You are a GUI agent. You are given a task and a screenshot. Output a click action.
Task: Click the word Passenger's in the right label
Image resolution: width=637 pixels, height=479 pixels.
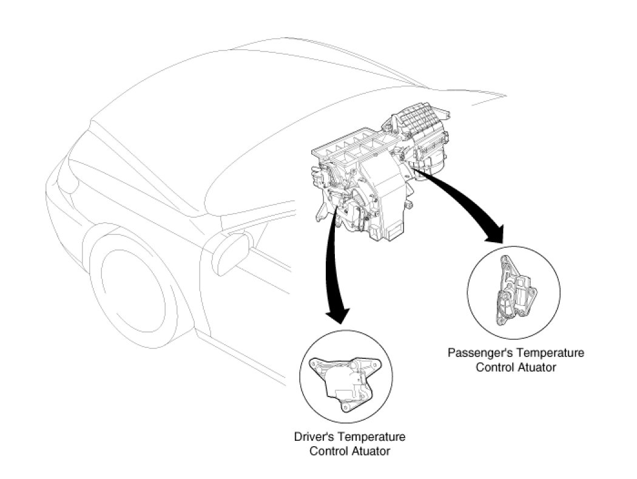pos(473,353)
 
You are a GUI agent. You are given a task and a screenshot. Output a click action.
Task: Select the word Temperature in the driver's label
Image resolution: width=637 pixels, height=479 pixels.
pos(371,437)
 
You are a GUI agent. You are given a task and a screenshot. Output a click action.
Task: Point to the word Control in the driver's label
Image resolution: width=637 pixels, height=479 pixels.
pos(326,451)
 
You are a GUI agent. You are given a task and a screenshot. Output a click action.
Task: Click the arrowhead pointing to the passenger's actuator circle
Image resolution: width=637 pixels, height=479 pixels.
pos(494,233)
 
